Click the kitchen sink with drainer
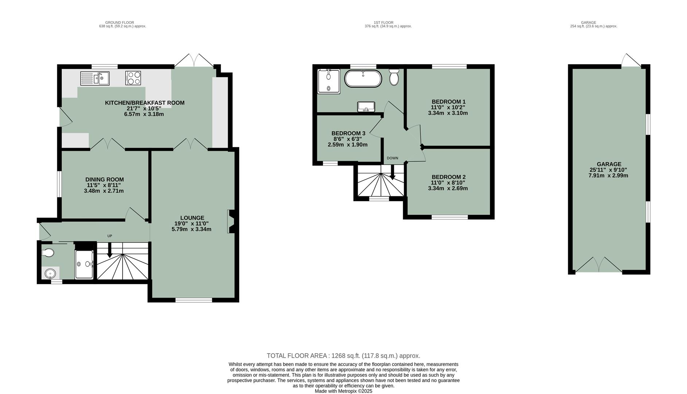[95, 78]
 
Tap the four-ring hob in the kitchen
[133, 78]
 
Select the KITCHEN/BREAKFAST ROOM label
[145, 103]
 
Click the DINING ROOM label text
[105, 179]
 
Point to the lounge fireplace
[231, 221]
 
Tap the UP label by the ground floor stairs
[109, 236]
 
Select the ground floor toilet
[48, 252]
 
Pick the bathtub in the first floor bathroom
[363, 78]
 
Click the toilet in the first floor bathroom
[394, 78]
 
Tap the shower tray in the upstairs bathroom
[329, 81]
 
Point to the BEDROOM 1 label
[449, 102]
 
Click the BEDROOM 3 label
[348, 134]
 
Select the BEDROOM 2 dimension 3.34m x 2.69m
[448, 189]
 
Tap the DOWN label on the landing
[392, 158]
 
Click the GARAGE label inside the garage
[609, 164]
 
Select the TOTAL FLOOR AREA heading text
[298, 356]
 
